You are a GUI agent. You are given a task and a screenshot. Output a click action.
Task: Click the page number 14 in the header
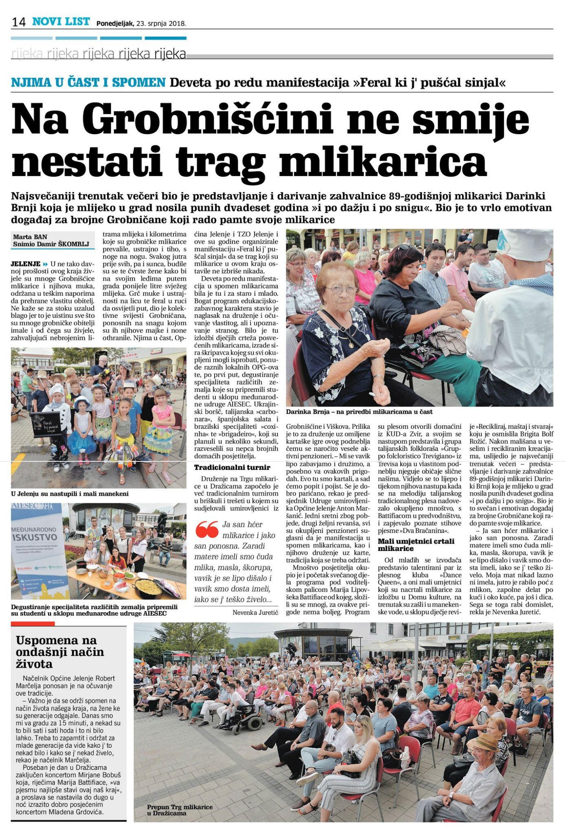[x=19, y=22]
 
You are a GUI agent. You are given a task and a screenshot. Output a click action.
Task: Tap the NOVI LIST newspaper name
[x=61, y=22]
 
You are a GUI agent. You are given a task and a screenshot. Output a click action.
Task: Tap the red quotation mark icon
[x=206, y=530]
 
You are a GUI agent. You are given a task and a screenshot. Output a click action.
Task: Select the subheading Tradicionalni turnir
[x=232, y=467]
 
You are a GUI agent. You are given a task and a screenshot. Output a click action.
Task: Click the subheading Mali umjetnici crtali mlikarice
[x=416, y=544]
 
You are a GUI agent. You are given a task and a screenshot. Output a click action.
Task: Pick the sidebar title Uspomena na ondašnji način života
[x=60, y=652]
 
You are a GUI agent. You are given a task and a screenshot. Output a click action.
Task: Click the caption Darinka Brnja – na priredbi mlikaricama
[x=359, y=412]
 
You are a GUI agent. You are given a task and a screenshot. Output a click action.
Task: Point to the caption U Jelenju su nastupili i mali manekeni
[x=70, y=494]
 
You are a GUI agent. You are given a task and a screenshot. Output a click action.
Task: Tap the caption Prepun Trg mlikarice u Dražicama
[x=180, y=810]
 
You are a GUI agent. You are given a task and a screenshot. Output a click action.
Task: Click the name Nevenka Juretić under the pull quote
[x=255, y=612]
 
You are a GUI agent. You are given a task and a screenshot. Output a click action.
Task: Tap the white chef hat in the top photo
[x=527, y=245]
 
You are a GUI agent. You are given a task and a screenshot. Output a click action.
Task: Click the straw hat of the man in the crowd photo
[x=483, y=742]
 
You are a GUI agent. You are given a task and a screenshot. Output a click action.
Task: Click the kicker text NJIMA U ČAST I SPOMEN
[x=88, y=83]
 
